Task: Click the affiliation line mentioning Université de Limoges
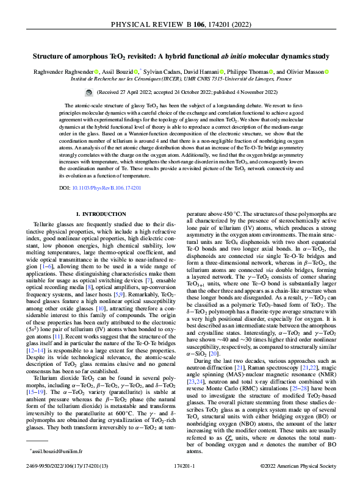coord(179,79)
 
